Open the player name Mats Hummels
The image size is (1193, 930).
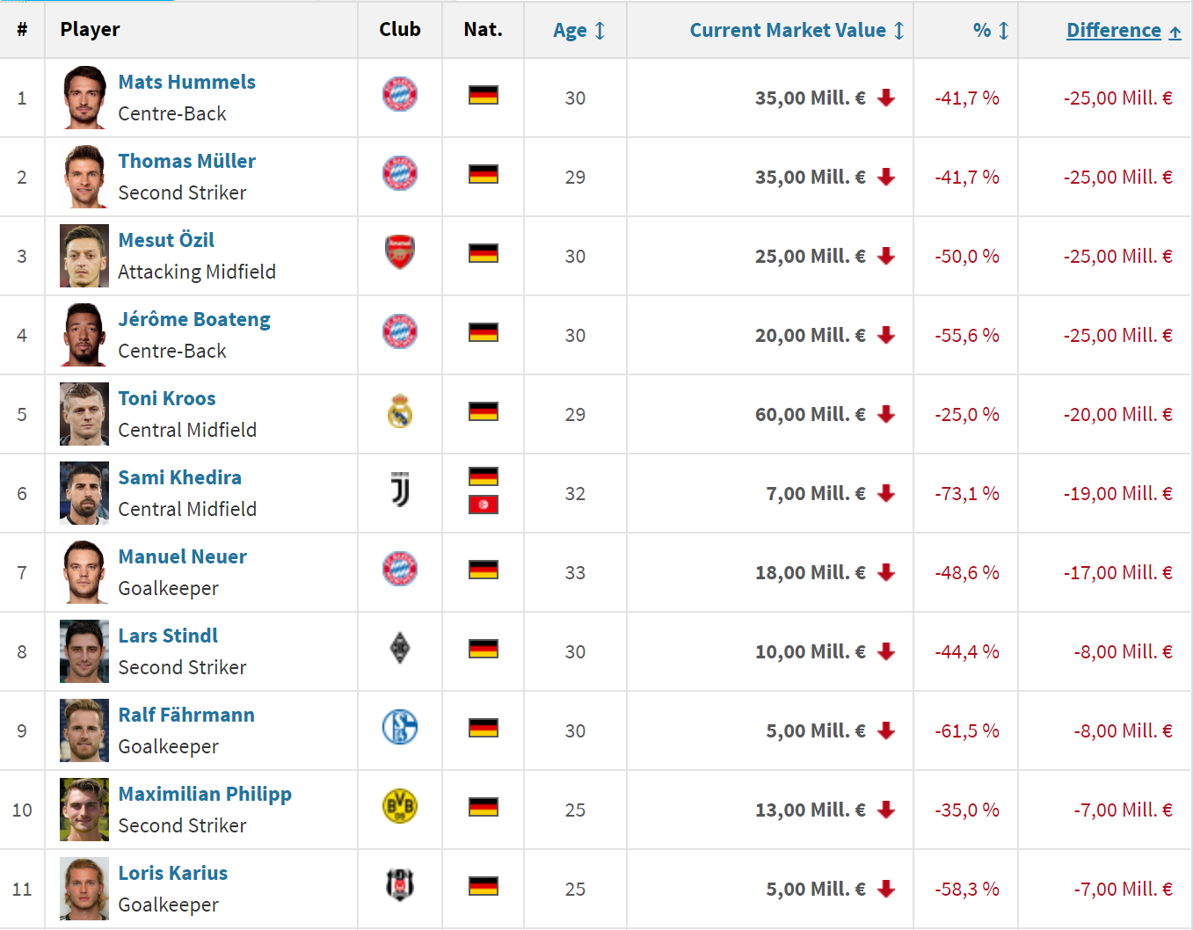(186, 83)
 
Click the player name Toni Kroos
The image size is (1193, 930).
(166, 399)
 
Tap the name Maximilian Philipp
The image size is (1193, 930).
(204, 795)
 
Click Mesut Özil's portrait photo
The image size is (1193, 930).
(84, 256)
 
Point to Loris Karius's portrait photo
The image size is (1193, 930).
(84, 889)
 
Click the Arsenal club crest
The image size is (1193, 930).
(400, 253)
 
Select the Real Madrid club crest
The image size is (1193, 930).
(400, 411)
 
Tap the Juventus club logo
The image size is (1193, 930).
(400, 490)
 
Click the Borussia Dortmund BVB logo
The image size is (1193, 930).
(400, 806)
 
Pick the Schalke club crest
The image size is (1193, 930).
(400, 728)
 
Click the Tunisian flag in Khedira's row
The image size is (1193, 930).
(484, 505)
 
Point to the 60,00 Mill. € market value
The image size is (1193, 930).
(810, 415)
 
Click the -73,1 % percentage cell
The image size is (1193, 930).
(966, 494)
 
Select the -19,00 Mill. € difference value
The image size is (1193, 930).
(1117, 494)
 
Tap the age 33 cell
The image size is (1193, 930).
(575, 573)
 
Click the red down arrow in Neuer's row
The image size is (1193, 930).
(886, 573)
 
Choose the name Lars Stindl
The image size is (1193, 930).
(168, 636)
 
